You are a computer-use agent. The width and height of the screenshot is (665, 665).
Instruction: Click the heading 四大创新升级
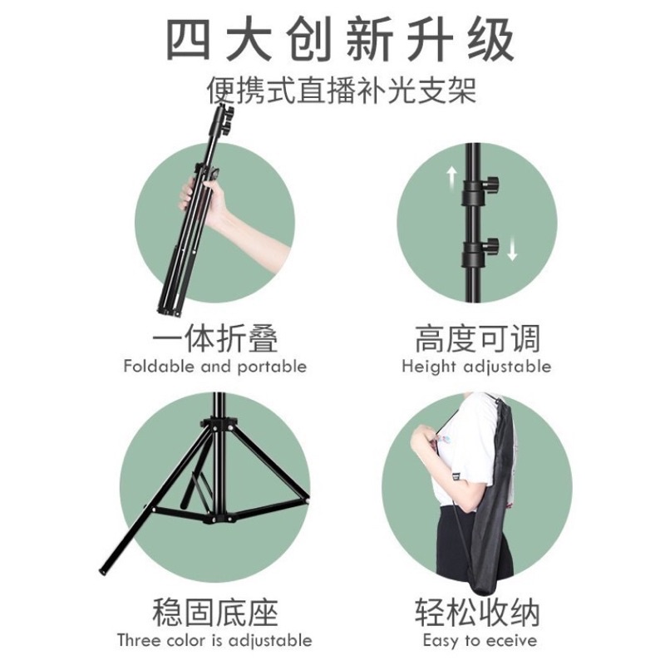pos(340,40)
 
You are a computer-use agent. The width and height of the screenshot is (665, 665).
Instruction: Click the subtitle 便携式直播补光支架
pos(342,90)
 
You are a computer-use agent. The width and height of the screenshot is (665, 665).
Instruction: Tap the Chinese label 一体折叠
pos(215,338)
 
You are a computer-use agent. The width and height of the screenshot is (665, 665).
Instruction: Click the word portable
pos(272,367)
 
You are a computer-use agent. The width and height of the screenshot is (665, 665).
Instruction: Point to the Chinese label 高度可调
pos(477,338)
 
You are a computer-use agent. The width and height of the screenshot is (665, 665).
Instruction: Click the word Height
pos(429,367)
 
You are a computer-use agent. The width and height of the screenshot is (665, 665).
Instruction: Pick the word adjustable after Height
pos(507,367)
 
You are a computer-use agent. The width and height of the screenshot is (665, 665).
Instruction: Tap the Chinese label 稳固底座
pos(215,613)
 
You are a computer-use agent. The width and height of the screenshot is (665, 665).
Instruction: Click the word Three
pos(139,640)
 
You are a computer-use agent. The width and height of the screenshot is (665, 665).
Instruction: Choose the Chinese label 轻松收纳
pos(477,613)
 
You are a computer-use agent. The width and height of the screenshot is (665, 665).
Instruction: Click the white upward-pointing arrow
pos(451,177)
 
